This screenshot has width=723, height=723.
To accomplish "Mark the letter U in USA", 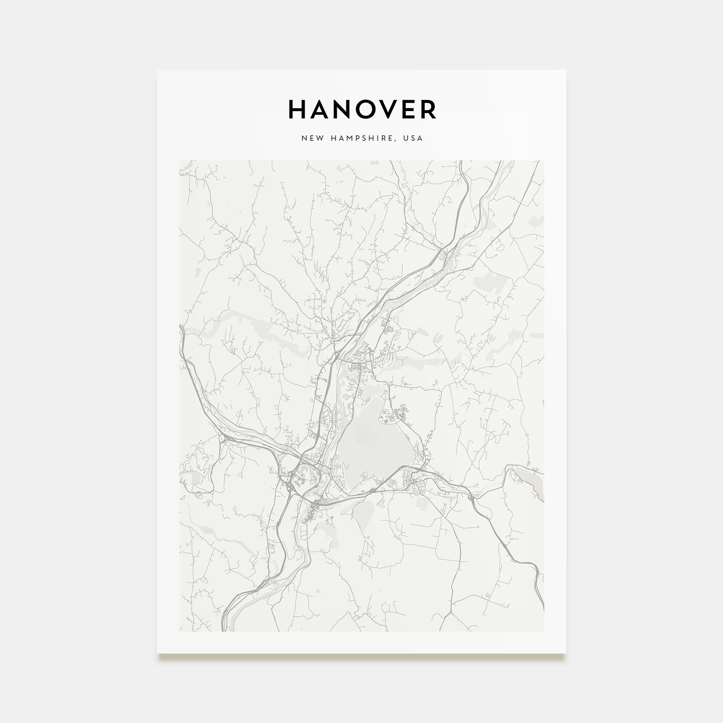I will coord(406,138).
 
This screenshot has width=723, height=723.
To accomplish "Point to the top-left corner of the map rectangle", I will coord(179,161).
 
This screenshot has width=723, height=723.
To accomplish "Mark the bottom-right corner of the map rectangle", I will coord(544,631).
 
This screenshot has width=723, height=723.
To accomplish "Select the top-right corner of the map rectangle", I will coord(544,161).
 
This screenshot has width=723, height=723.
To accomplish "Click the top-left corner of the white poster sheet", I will coord(157,70).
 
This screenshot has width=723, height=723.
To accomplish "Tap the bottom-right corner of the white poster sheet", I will coord(566,653).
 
